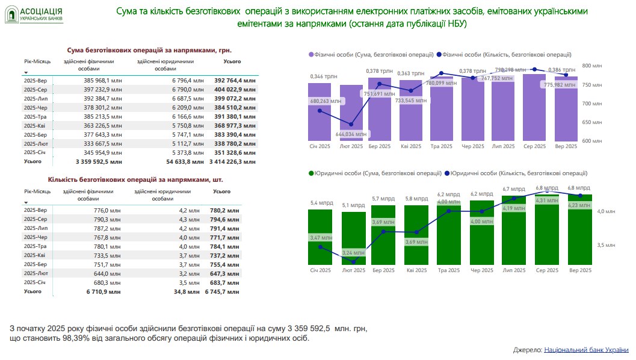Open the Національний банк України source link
point(586,350)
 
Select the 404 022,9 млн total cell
point(236,88)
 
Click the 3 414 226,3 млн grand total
point(236,161)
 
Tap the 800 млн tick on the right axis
point(593,65)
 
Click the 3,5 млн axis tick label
point(606,245)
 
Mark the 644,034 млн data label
point(351,134)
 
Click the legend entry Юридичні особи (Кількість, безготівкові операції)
point(517,173)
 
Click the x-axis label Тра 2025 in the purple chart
point(442,146)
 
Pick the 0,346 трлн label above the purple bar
point(320,76)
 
